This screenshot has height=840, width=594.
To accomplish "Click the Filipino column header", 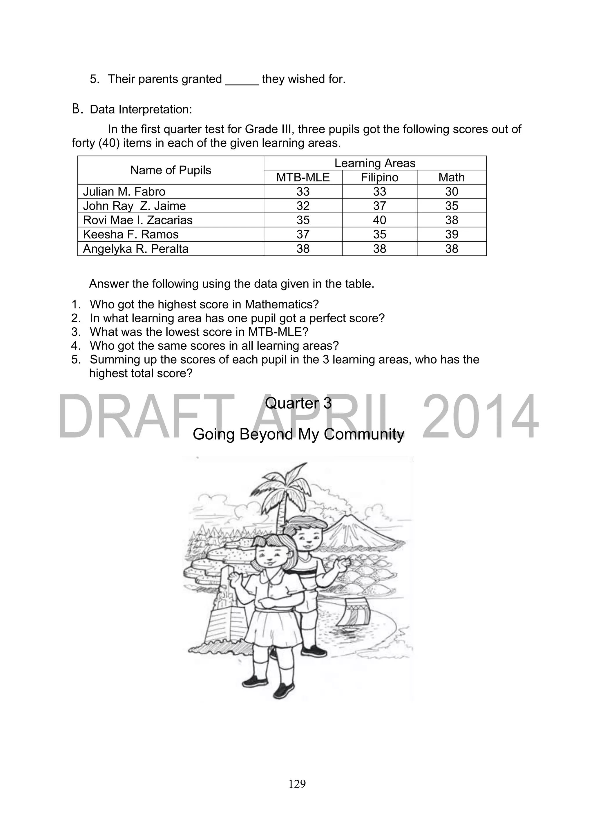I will pyautogui.click(x=379, y=178).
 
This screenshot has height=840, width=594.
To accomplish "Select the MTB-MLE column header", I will pyautogui.click(x=303, y=178).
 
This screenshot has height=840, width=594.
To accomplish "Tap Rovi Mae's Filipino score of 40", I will pyautogui.click(x=379, y=220).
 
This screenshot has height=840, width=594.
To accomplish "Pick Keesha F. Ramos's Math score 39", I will pyautogui.click(x=451, y=234).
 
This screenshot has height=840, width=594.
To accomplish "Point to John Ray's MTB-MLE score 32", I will pyautogui.click(x=303, y=206).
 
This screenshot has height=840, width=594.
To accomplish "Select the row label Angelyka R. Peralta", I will pyautogui.click(x=136, y=249).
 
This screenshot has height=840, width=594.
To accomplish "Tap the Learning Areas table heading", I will pyautogui.click(x=375, y=163).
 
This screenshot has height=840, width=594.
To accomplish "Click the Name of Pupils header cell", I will pyautogui.click(x=171, y=170).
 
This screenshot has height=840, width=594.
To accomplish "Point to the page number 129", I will pyautogui.click(x=297, y=784).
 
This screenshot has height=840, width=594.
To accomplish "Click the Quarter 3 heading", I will pyautogui.click(x=298, y=403).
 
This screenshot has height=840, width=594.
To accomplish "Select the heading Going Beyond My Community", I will pyautogui.click(x=298, y=434).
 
